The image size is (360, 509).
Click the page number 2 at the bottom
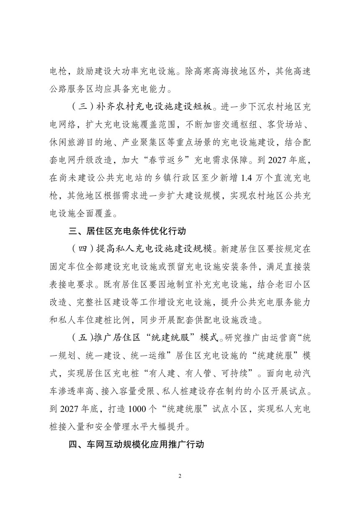(x=180, y=476)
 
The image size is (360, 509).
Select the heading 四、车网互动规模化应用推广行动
(x=136, y=444)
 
